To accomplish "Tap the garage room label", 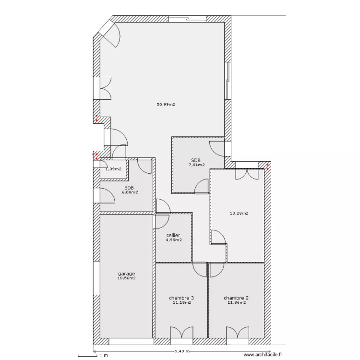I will (126, 274).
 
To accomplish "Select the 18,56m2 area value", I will (126, 278).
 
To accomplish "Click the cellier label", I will (173, 235).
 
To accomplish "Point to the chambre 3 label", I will (181, 298).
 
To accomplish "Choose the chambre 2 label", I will (236, 298).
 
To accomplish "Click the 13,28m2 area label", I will (239, 213).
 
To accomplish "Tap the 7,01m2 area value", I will (196, 165).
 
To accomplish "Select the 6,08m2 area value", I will (129, 192).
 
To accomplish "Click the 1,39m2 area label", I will (113, 168).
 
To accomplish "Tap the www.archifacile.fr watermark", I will (263, 355).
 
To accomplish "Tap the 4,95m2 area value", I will (174, 240).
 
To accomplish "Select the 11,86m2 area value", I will (236, 302).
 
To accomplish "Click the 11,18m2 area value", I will (181, 302).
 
